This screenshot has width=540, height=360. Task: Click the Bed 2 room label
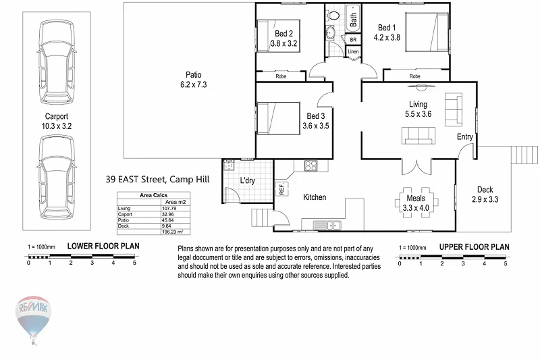(283, 33)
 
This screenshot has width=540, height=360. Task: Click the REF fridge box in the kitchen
(282, 190)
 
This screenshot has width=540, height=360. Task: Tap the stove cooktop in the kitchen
(312, 166)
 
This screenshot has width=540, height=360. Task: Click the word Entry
(465, 137)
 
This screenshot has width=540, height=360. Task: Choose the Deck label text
(485, 190)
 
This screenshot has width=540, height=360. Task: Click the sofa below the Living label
(419, 137)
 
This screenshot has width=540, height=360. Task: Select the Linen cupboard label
(353, 51)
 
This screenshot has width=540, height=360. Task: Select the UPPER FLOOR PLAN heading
(474, 247)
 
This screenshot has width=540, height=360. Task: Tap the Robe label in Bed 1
(415, 76)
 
